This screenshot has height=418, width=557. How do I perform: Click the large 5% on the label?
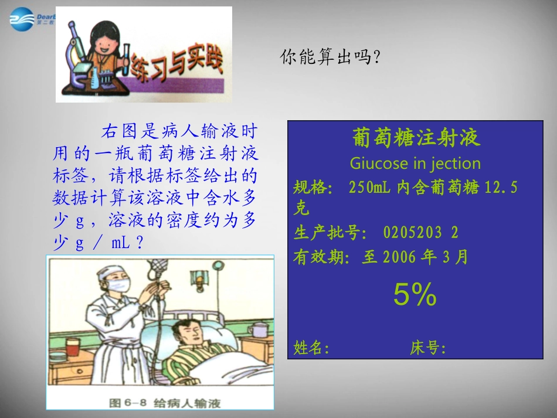pos(415,295)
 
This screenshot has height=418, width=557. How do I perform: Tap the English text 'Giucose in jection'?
pos(415,163)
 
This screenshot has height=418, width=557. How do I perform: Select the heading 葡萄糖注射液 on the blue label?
pos(416,138)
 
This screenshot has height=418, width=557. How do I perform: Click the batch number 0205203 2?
pos(420,233)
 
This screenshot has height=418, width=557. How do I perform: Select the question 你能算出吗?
pos(331,57)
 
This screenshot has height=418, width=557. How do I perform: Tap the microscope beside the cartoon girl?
pos(76,59)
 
